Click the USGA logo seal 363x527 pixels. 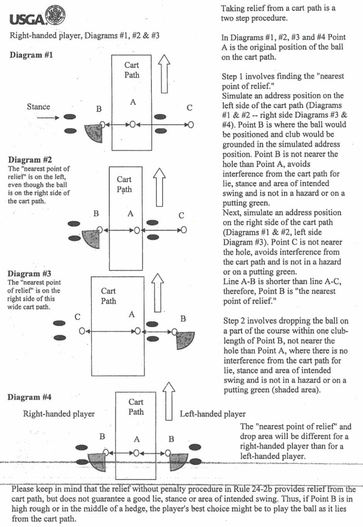point(56,15)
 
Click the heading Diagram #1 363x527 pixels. point(31,55)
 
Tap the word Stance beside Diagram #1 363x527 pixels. point(38,107)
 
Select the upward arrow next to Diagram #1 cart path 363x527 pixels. point(164,74)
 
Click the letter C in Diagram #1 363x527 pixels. point(189,108)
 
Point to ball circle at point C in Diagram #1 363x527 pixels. point(191,125)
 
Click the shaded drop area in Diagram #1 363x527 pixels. point(94,133)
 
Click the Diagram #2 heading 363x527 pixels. point(30,160)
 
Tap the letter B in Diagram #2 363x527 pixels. point(96,214)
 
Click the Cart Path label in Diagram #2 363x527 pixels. point(124,185)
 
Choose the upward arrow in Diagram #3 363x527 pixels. point(158,292)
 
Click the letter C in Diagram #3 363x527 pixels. point(78,317)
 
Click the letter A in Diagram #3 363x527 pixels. point(131,314)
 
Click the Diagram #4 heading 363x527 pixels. point(29,397)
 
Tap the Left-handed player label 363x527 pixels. point(213,414)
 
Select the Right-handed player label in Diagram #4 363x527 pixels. point(59,414)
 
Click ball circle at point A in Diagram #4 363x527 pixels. point(136,453)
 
